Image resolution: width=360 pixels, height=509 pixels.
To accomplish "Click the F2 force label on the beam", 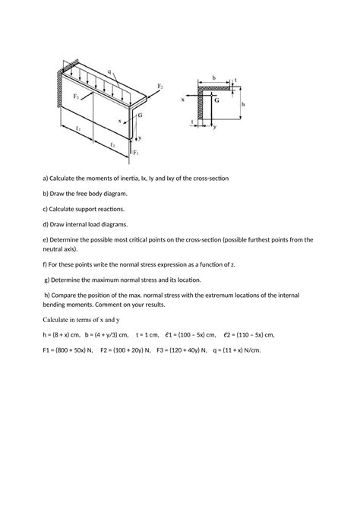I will click(x=159, y=87).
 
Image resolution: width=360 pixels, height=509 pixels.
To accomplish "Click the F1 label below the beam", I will click(x=136, y=153).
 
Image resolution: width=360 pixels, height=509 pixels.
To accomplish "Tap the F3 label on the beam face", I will click(x=76, y=96).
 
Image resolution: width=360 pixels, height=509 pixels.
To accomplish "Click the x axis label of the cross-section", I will click(x=183, y=100).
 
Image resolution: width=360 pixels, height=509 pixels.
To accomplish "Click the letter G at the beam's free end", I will click(x=141, y=115).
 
